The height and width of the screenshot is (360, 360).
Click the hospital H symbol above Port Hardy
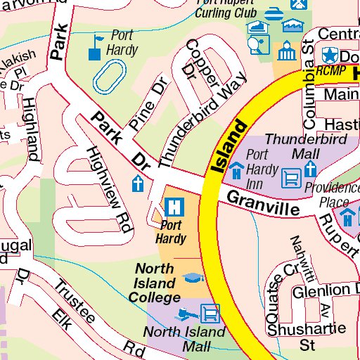click(172, 207)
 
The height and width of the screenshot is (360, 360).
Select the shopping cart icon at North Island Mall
click(209, 311)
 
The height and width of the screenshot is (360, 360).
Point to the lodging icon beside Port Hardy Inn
click(237, 170)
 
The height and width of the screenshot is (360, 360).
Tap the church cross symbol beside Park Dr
click(139, 185)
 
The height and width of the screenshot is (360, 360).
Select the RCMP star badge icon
click(328, 55)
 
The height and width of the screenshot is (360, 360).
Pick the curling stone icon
click(272, 12)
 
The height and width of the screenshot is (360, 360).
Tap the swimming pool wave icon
click(292, 26)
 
